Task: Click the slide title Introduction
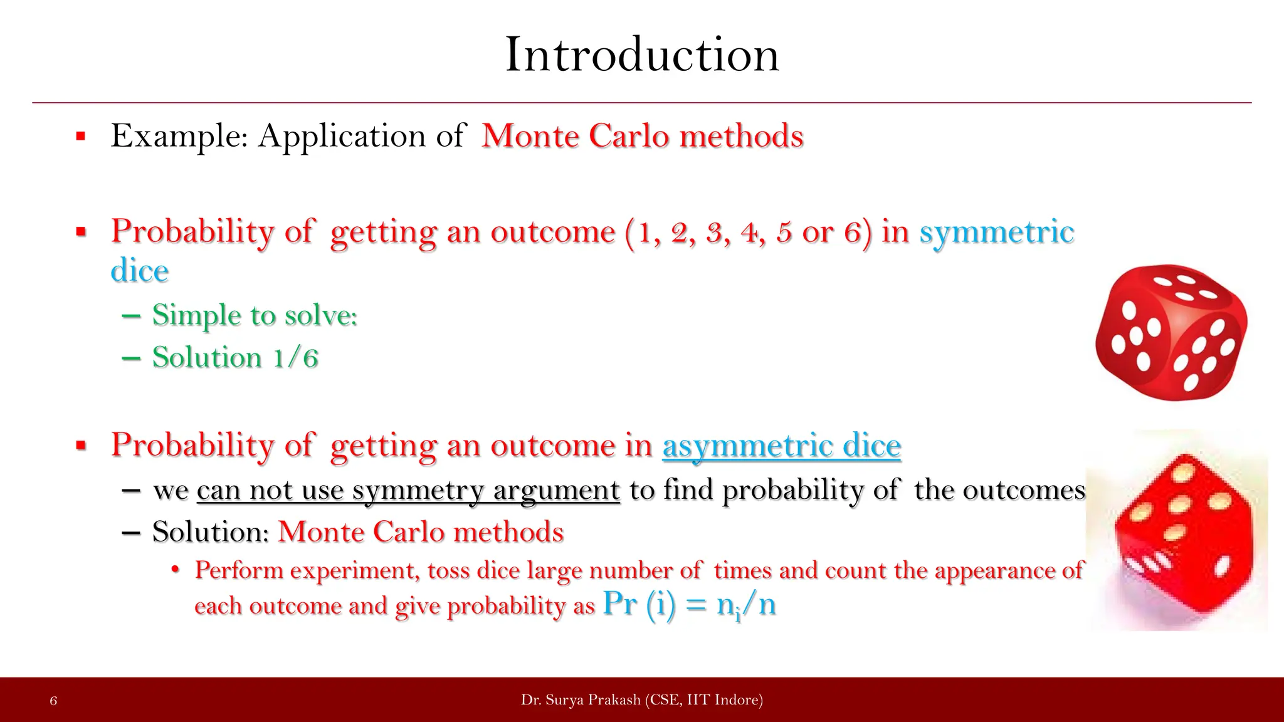pyautogui.click(x=641, y=55)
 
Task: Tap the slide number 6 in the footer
pyautogui.click(x=53, y=701)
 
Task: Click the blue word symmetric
pyautogui.click(x=996, y=231)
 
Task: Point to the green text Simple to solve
pyautogui.click(x=255, y=315)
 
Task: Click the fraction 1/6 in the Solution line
pyautogui.click(x=295, y=358)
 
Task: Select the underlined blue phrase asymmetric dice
pyautogui.click(x=781, y=446)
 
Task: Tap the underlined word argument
pyautogui.click(x=556, y=490)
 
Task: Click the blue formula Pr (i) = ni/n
pyautogui.click(x=689, y=605)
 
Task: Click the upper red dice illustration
pyautogui.click(x=1171, y=332)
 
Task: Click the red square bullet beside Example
pyautogui.click(x=80, y=136)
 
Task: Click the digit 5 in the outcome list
pyautogui.click(x=784, y=233)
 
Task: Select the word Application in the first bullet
pyautogui.click(x=342, y=135)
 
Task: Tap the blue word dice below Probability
pyautogui.click(x=139, y=271)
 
